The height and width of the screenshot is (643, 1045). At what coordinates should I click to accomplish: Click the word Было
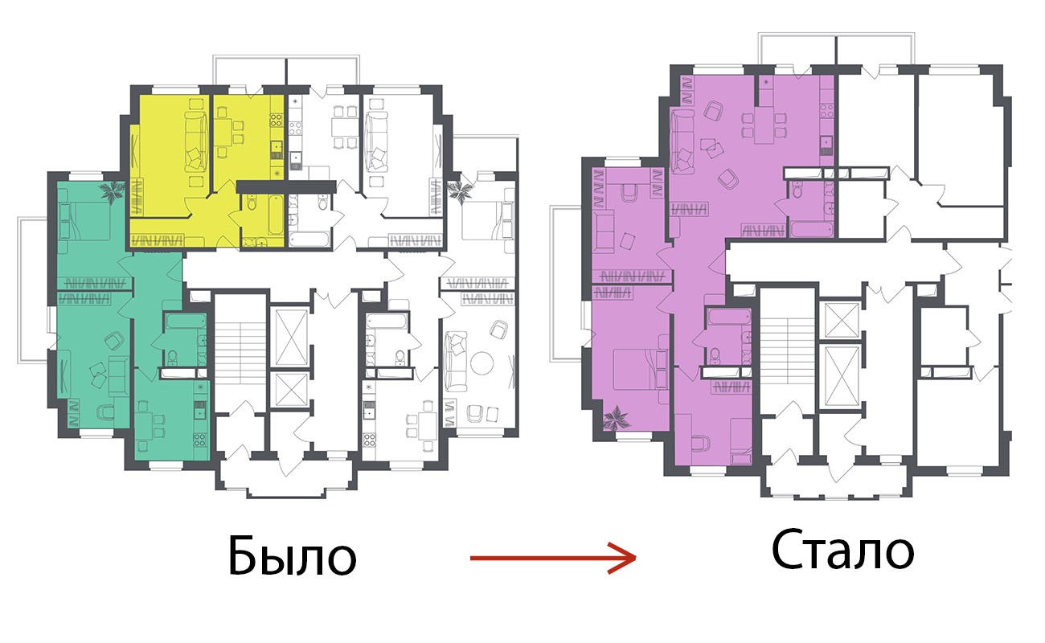pyautogui.click(x=293, y=555)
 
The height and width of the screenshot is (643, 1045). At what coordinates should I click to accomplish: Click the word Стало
pyautogui.click(x=842, y=551)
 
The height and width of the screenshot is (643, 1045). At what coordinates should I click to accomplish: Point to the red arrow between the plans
pyautogui.click(x=553, y=558)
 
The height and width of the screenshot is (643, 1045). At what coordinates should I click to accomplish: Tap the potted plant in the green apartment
pyautogui.click(x=112, y=191)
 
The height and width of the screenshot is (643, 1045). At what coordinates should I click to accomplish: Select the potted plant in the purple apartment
pyautogui.click(x=617, y=417)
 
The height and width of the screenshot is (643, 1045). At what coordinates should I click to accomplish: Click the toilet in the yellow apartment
pyautogui.click(x=252, y=203)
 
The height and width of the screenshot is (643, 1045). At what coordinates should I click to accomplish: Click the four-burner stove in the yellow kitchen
pyautogui.click(x=277, y=120)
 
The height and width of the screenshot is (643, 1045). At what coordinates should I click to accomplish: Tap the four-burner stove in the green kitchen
pyautogui.click(x=199, y=440)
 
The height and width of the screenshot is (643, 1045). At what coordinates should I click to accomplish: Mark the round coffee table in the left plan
pyautogui.click(x=482, y=363)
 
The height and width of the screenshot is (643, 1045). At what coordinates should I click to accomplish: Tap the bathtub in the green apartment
pyautogui.click(x=186, y=321)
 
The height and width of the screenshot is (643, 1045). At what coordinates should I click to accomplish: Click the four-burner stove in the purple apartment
pyautogui.click(x=827, y=110)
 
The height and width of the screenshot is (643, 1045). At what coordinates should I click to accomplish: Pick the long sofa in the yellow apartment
pyautogui.click(x=196, y=141)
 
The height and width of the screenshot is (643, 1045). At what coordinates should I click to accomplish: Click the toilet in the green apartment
pyautogui.click(x=173, y=357)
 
